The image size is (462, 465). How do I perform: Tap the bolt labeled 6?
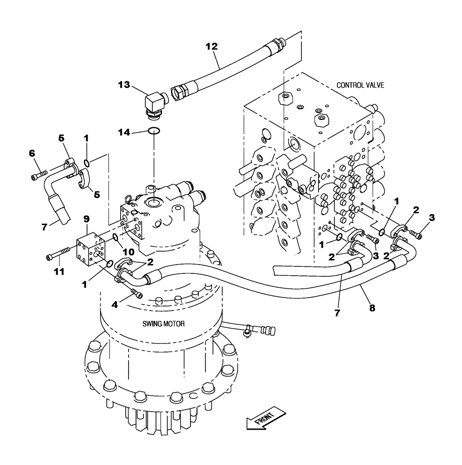click(40, 175)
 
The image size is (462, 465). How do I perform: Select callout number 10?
click(129, 252)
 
